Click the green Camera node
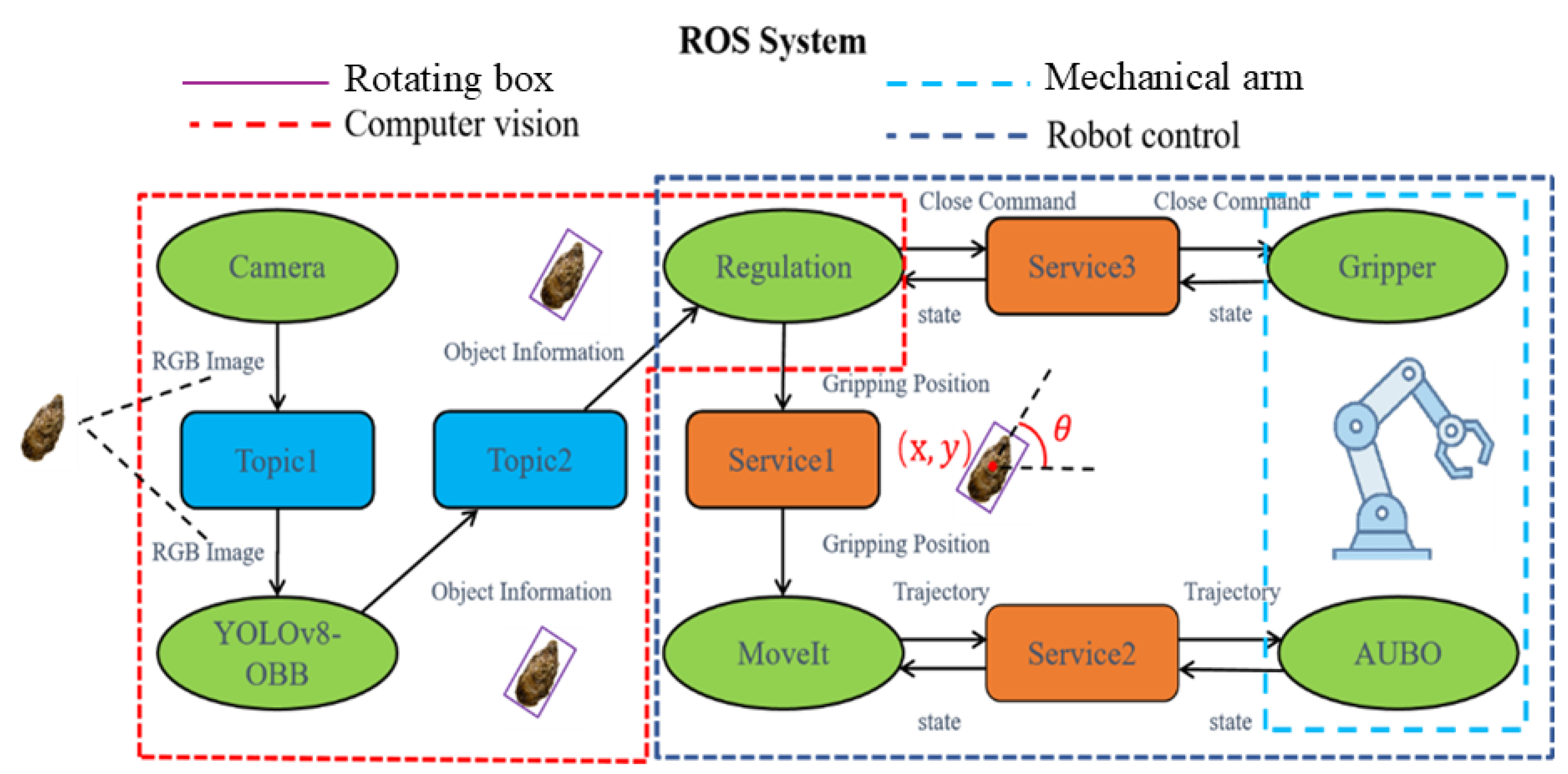point(277,267)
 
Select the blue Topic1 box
point(277,460)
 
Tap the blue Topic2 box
point(530,460)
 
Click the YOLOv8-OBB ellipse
point(277,654)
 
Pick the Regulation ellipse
point(783,267)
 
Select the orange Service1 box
point(782,460)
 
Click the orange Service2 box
point(1081,654)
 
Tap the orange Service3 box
point(1081,267)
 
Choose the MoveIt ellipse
point(783,654)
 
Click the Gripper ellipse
point(1387,267)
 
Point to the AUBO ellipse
point(1398,654)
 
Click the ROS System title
point(772,41)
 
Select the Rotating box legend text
point(449,79)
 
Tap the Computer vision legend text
point(462,124)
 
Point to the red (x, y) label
point(935,449)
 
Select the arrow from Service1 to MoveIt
point(783,551)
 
